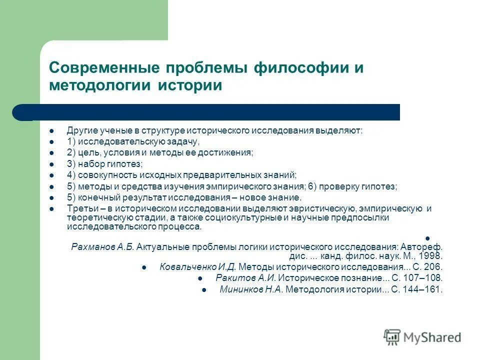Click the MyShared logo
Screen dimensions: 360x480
click(422, 337)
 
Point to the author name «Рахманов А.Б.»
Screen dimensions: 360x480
click(103, 246)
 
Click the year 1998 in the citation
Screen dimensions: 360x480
click(432, 255)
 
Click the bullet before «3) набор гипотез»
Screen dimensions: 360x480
click(51, 164)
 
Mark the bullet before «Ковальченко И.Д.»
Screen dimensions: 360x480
click(144, 267)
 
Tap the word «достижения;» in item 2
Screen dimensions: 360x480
click(231, 153)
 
